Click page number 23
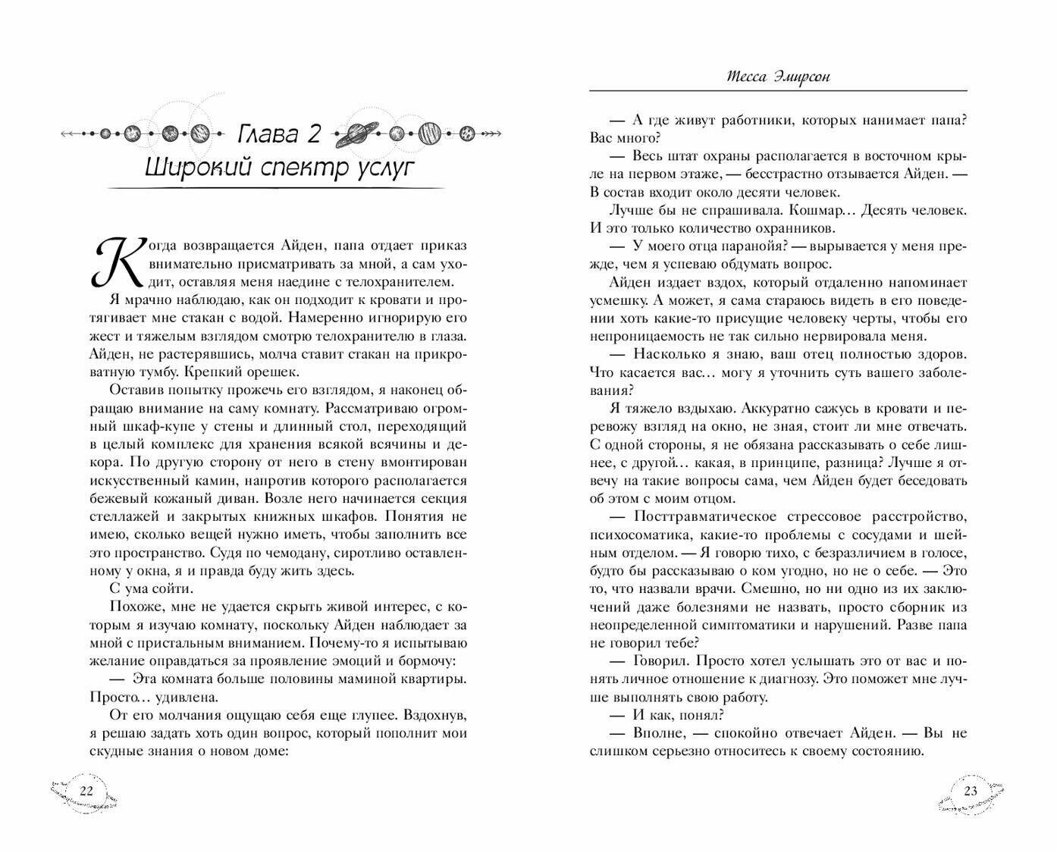tap(971, 792)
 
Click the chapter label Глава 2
tap(280, 134)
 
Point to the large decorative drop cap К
tap(108, 260)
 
